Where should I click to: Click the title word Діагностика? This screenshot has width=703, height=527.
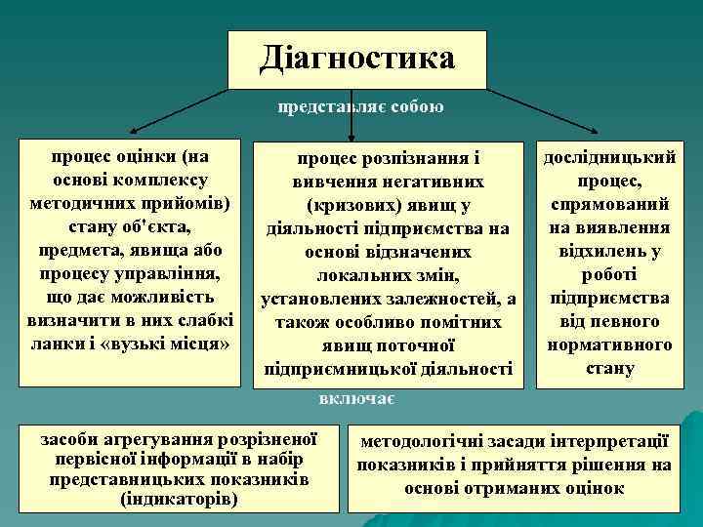[356, 58]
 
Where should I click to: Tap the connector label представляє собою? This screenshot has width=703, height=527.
[360, 107]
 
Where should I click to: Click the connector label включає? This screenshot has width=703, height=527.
[355, 398]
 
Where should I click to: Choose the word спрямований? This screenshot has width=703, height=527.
[609, 205]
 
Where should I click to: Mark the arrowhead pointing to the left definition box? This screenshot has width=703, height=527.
[133, 128]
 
